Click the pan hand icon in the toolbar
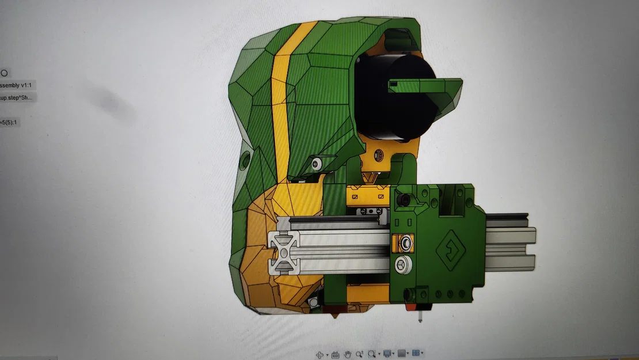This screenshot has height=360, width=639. pos(347,354)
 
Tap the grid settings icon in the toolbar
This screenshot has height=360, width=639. pos(402,354)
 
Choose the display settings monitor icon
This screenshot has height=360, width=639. pos(387,354)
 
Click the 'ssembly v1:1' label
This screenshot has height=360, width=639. pos(17,85)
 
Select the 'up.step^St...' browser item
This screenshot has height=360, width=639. pos(17,97)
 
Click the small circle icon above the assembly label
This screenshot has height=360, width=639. pos(4,73)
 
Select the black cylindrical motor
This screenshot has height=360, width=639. pos(391,98)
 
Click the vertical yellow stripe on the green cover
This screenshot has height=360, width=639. pos(279,115)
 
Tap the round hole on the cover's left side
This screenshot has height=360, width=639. pos(244,160)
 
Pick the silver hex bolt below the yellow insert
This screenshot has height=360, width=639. pos(402,265)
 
